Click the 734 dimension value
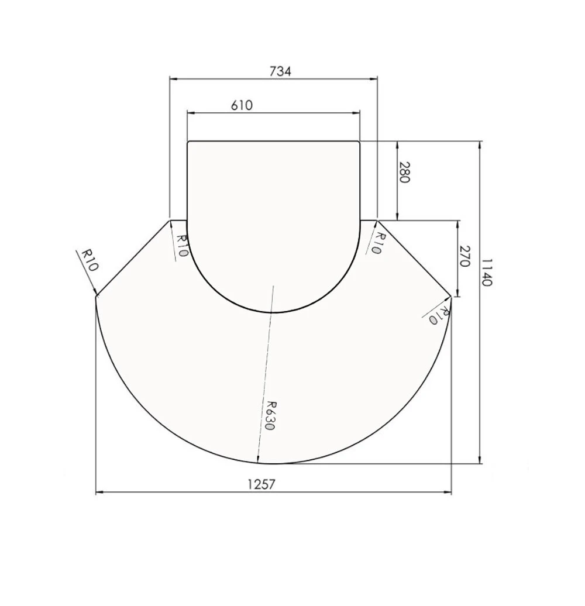coord(280,71)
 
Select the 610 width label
coord(242,105)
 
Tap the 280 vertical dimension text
coord(403,173)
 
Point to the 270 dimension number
coord(464,257)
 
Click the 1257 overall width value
coord(261,484)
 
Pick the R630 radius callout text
coord(269,415)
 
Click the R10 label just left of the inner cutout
coord(181,246)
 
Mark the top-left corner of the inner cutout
coord(188,142)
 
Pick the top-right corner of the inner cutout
coord(359,142)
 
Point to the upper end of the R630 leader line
coord(273,286)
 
